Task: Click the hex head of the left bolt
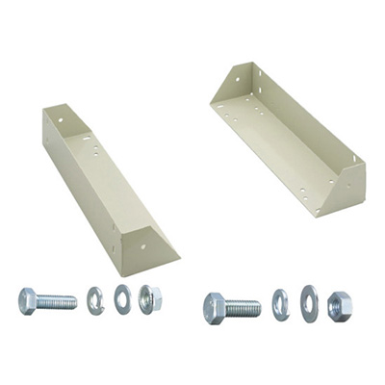point(28,300)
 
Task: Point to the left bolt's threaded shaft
point(57,301)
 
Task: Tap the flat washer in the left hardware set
point(123,298)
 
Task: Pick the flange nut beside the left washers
point(150,298)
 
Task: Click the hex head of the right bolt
point(215,308)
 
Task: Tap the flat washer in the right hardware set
point(309,305)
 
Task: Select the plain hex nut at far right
point(339,305)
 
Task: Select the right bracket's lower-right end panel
point(347,188)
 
